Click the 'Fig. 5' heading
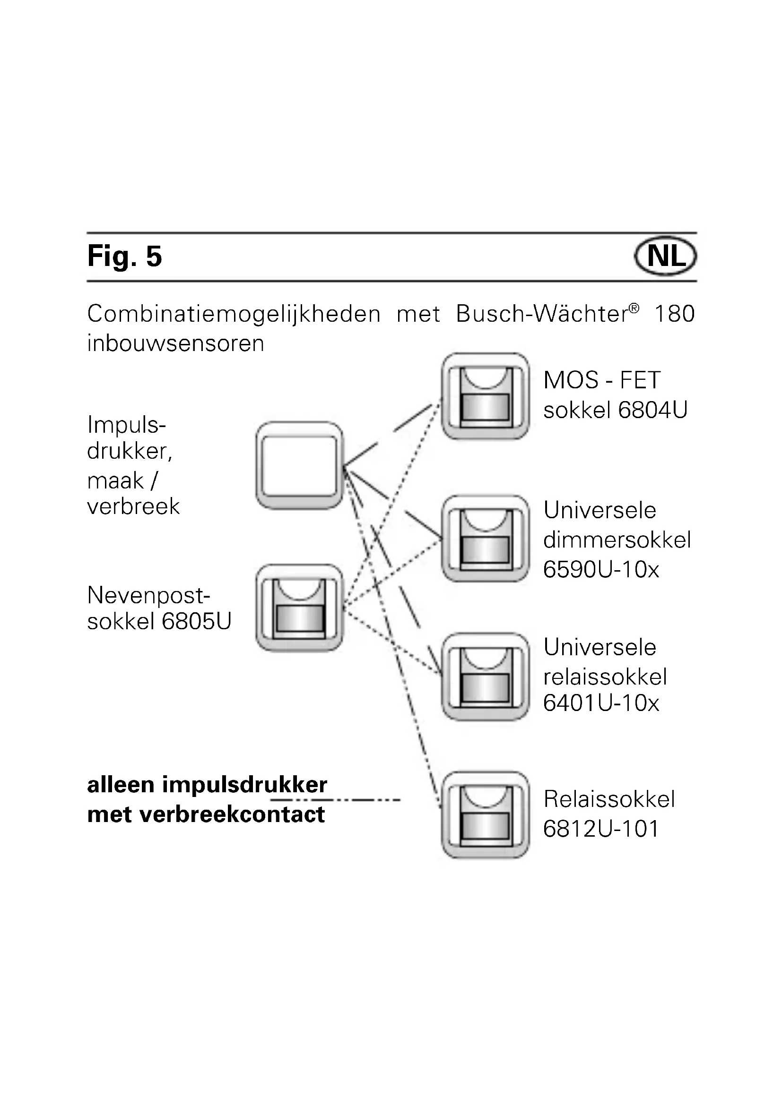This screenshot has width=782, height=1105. (x=124, y=256)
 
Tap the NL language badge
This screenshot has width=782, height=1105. (x=666, y=256)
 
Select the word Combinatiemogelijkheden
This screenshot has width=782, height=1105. (x=234, y=314)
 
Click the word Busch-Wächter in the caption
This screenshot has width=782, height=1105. (x=547, y=314)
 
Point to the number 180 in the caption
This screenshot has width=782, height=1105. (x=674, y=314)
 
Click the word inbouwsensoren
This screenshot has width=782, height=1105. (x=176, y=343)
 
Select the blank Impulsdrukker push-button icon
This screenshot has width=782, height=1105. (x=299, y=465)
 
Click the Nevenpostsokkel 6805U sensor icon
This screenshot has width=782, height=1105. (x=299, y=608)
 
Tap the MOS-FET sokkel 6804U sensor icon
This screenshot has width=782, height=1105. (x=486, y=396)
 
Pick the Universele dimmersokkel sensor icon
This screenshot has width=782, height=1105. (x=486, y=539)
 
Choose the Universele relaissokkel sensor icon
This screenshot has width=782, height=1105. (x=486, y=677)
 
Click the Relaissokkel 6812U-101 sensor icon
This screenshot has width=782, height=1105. (x=486, y=815)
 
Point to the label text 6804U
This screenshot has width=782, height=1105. (x=652, y=410)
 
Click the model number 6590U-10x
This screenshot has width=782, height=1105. (x=601, y=569)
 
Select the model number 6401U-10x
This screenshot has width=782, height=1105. (x=601, y=703)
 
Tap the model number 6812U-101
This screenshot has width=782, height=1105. (x=601, y=829)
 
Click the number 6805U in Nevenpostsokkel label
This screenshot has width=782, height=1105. (x=197, y=621)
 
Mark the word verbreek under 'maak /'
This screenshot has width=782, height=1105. (x=133, y=506)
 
